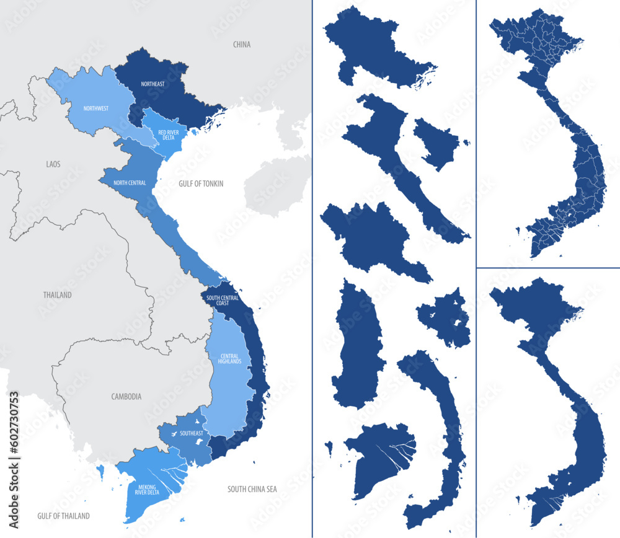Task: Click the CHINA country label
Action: (241, 45)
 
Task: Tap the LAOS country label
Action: (53, 164)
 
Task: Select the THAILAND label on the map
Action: (57, 295)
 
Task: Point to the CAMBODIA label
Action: (126, 396)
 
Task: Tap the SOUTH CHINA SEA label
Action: (252, 489)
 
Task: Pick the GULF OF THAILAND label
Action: (63, 516)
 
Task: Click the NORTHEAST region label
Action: (153, 84)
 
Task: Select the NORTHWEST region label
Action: (96, 108)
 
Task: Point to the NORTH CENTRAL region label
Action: (130, 182)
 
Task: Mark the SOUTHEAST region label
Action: (191, 434)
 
